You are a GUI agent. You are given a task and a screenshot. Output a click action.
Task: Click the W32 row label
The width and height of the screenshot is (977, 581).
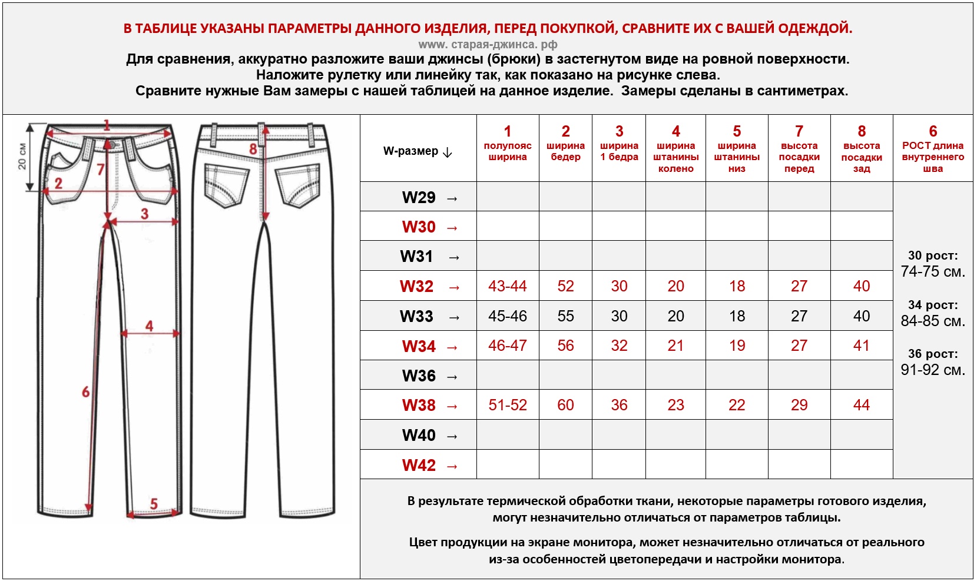417,286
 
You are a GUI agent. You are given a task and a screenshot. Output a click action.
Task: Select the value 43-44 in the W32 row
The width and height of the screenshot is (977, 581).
507,286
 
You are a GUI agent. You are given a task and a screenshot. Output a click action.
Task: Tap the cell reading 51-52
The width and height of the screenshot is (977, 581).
507,405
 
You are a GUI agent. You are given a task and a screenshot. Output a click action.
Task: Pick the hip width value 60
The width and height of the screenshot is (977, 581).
565,405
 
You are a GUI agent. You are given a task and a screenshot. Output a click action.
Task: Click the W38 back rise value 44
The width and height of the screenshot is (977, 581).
861,405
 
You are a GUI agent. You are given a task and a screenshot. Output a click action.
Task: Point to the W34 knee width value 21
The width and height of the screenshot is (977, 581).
675,346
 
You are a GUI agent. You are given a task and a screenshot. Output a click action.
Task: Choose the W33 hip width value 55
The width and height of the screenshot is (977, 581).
565,316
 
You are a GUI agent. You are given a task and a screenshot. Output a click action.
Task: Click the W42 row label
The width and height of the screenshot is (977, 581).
419,465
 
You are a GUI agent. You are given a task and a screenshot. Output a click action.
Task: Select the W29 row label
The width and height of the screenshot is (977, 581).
419,197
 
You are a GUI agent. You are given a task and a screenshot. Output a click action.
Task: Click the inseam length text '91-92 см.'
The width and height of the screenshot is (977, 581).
932,370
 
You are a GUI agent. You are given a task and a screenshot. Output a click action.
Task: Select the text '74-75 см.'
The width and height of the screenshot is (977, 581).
932,272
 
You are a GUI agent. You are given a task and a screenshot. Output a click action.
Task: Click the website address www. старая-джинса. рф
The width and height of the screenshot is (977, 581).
488,44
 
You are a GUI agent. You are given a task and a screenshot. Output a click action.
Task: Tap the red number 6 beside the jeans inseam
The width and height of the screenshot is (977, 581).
86,391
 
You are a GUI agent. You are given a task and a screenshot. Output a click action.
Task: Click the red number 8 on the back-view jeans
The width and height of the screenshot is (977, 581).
253,149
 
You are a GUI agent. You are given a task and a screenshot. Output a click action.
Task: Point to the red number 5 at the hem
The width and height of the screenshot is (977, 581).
154,503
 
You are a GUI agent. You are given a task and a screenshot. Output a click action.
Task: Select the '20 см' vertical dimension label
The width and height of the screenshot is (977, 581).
22,156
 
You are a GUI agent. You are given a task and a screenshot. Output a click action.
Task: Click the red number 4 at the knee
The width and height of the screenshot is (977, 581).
149,326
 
